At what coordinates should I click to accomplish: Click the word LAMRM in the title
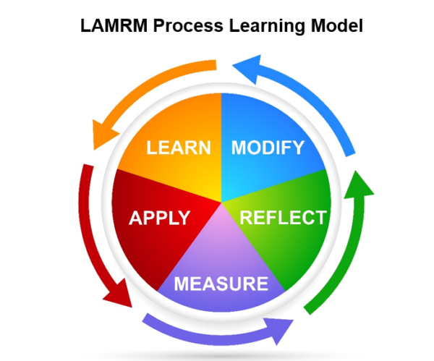[x=114, y=25]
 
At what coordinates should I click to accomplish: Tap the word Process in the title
[x=188, y=25]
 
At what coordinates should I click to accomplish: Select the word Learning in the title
[x=267, y=26]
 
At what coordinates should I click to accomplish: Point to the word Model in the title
[x=337, y=25]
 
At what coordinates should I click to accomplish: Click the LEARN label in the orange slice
[x=179, y=148]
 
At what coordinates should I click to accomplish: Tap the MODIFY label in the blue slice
[x=268, y=148]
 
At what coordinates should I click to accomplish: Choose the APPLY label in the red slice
[x=160, y=218]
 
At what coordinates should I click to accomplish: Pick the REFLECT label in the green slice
[x=283, y=218]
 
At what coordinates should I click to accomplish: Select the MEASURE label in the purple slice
[x=221, y=284]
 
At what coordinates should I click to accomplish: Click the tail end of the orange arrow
[x=216, y=65]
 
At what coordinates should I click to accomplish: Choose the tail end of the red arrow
[x=88, y=165]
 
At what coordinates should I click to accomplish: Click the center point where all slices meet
[x=221, y=203]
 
